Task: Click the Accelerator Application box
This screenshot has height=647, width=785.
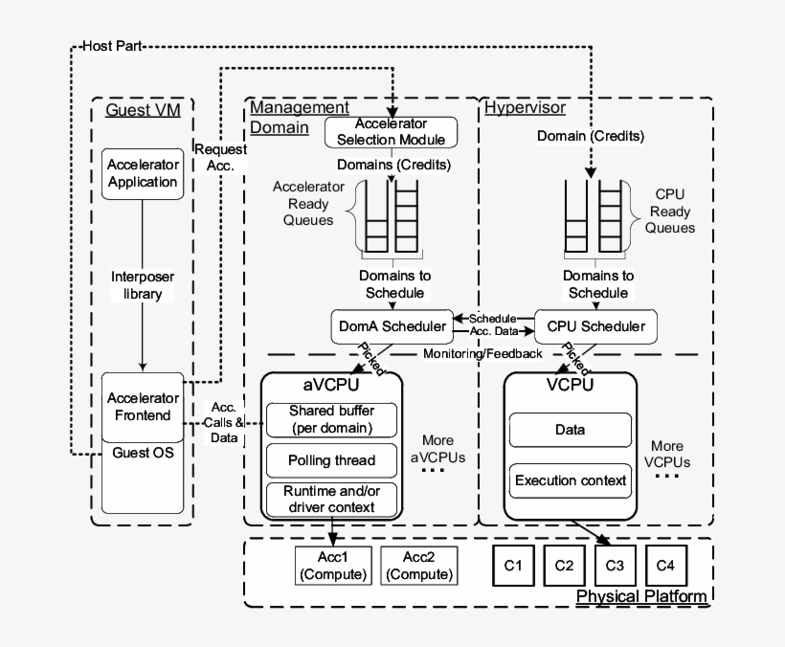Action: point(143,172)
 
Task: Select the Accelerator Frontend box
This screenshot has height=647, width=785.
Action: point(143,407)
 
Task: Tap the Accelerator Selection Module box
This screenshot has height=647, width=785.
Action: point(391,132)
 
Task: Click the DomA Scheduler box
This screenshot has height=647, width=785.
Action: point(392,326)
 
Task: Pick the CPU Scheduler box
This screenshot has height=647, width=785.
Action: point(595,326)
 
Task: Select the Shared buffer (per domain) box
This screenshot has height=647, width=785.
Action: point(331,418)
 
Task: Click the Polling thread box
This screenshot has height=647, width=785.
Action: point(331,460)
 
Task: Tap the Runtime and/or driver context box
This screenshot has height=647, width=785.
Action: point(331,500)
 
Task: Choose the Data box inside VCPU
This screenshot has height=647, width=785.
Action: point(570,431)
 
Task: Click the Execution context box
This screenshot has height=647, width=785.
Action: point(570,480)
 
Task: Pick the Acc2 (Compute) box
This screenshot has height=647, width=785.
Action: point(418,567)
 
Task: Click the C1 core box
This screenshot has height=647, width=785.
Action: point(512,566)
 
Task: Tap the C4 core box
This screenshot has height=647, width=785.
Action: point(665,566)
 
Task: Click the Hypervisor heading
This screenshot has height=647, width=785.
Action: point(524,107)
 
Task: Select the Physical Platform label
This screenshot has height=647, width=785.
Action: point(641,597)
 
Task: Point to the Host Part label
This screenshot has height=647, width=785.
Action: point(112,46)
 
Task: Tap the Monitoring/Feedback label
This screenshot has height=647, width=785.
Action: point(482,353)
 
